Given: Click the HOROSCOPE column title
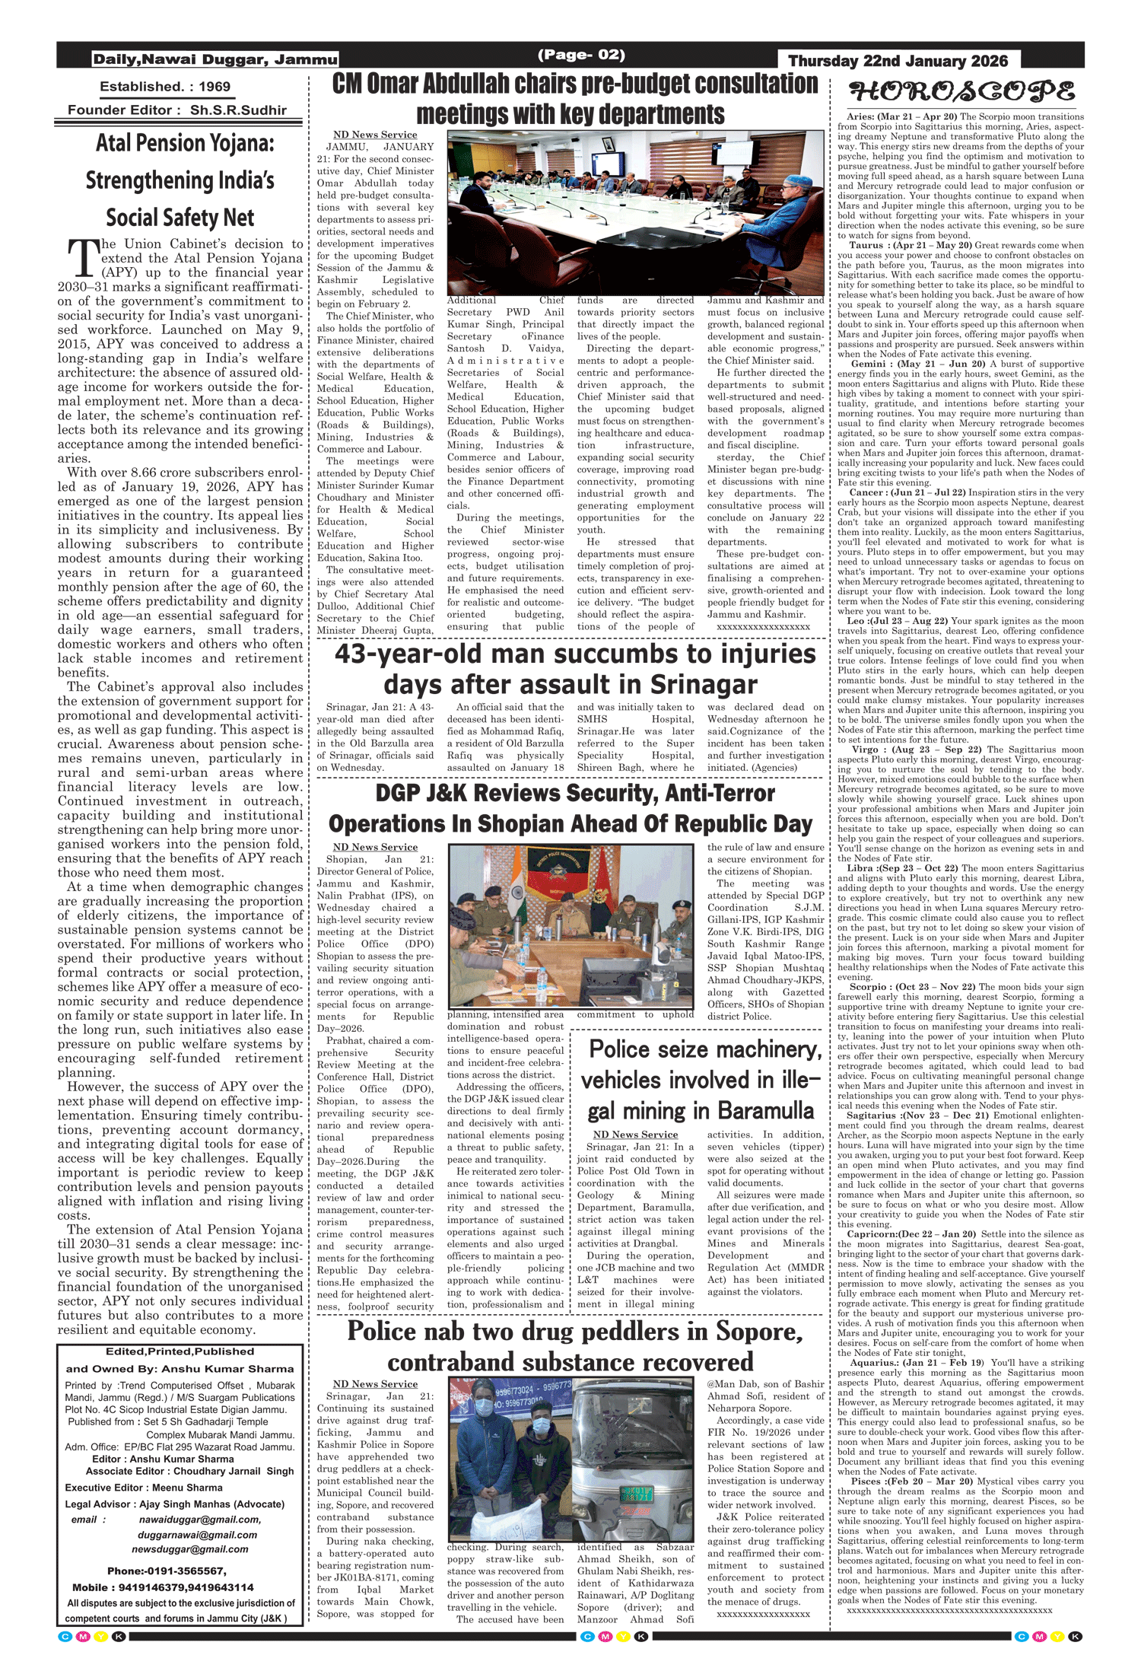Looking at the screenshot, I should pyautogui.click(x=961, y=93).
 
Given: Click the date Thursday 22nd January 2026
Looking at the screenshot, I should pyautogui.click(x=898, y=62).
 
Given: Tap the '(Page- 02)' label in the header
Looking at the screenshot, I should pyautogui.click(x=581, y=55).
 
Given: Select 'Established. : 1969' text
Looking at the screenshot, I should pyautogui.click(x=165, y=87).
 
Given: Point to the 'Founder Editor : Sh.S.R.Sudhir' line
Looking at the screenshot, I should pyautogui.click(x=177, y=110).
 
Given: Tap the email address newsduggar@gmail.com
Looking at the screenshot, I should pyautogui.click(x=189, y=1548).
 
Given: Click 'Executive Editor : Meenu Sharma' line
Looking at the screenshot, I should pyautogui.click(x=144, y=1487).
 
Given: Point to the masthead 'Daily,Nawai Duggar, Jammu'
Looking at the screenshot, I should pyautogui.click(x=215, y=59).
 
